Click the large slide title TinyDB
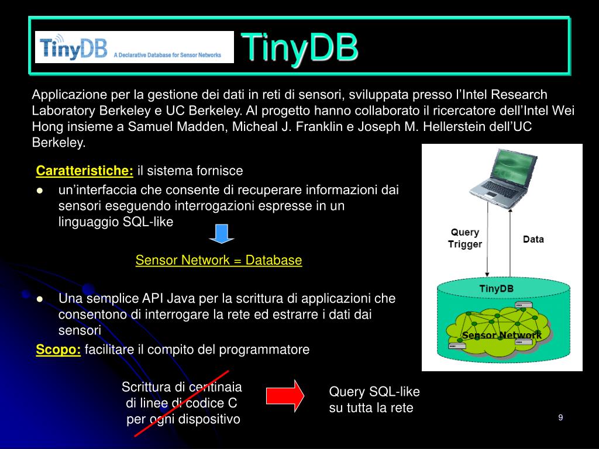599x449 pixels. [299, 47]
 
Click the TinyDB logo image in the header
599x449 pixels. [134, 47]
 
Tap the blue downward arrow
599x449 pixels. [222, 232]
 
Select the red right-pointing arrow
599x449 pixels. [285, 395]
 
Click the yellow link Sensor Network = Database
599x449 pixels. [219, 260]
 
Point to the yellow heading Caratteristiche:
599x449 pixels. [85, 171]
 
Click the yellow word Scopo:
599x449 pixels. [58, 350]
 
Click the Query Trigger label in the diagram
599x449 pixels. [465, 239]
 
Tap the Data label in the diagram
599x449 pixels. [533, 239]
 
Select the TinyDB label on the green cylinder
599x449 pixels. [496, 288]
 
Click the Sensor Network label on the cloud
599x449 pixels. [501, 336]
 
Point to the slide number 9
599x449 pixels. [560, 417]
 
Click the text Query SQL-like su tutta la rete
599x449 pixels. [374, 400]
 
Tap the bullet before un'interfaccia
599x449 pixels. [40, 190]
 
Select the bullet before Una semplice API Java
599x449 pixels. [40, 299]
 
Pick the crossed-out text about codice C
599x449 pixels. [183, 403]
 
